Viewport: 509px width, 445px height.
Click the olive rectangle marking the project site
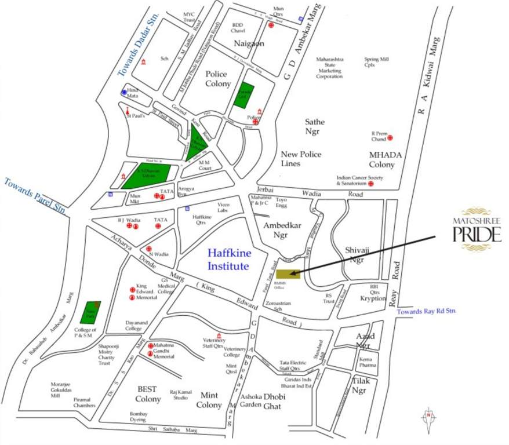pos(288,274)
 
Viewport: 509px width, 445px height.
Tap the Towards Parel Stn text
pos(34,196)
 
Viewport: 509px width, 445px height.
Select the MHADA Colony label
pos(381,160)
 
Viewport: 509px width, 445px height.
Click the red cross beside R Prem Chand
pos(391,138)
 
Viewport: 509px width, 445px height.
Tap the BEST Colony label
pos(148,394)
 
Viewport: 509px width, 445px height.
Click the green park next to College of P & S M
pos(90,312)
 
